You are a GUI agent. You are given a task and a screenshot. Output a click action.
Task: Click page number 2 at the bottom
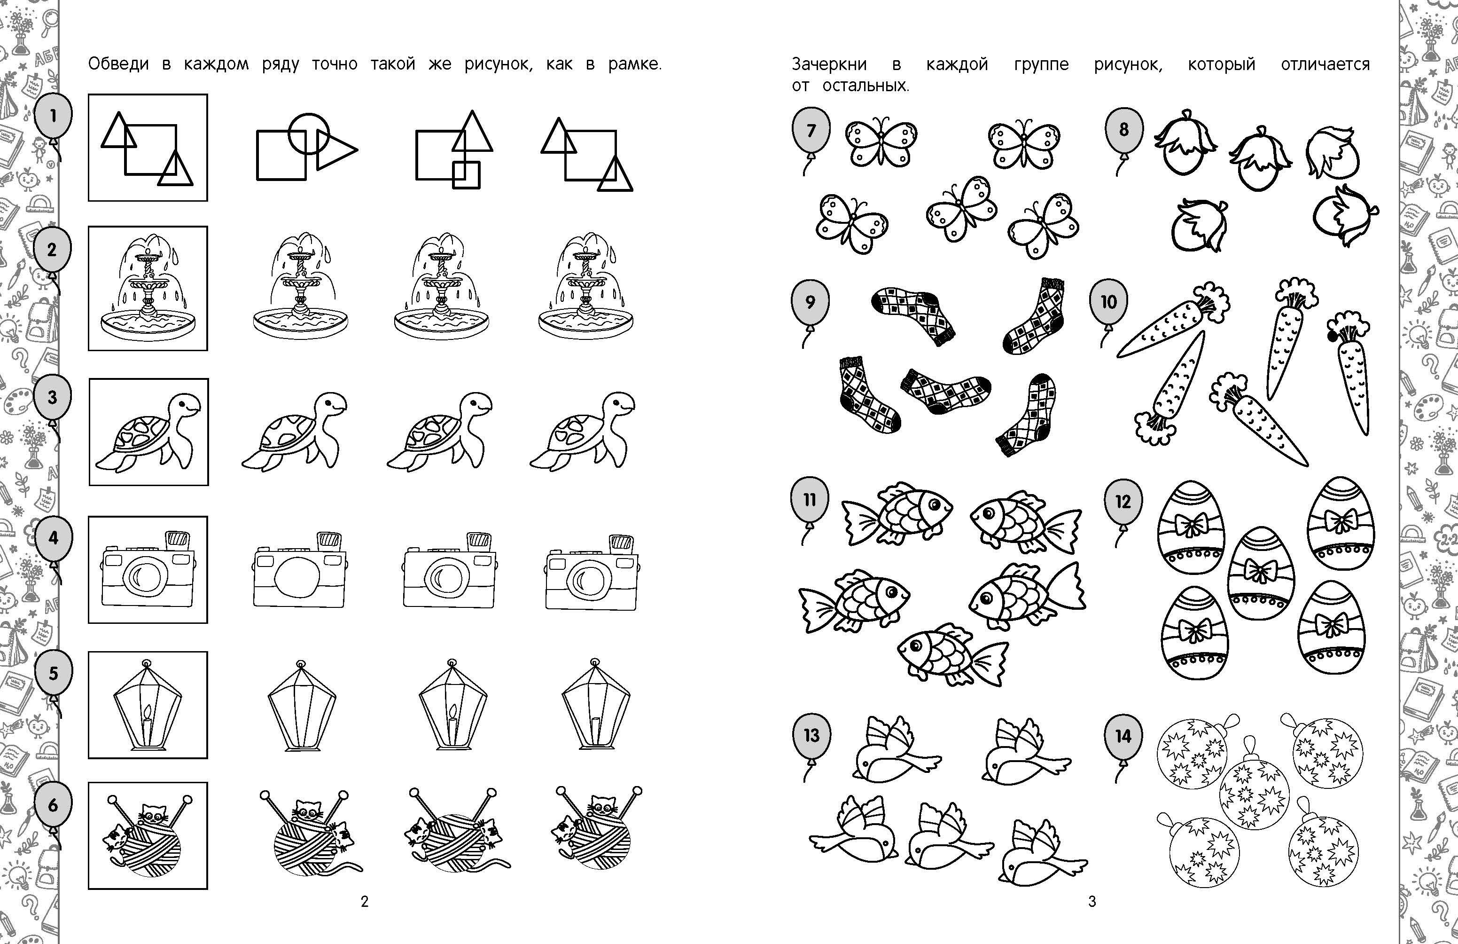[365, 901]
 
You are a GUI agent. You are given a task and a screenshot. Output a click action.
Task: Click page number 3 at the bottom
[1092, 901]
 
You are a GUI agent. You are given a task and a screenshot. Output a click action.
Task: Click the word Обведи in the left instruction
[119, 64]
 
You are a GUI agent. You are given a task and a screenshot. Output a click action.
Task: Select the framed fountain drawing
[148, 288]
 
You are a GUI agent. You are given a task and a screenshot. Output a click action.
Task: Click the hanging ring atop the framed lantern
[147, 664]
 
